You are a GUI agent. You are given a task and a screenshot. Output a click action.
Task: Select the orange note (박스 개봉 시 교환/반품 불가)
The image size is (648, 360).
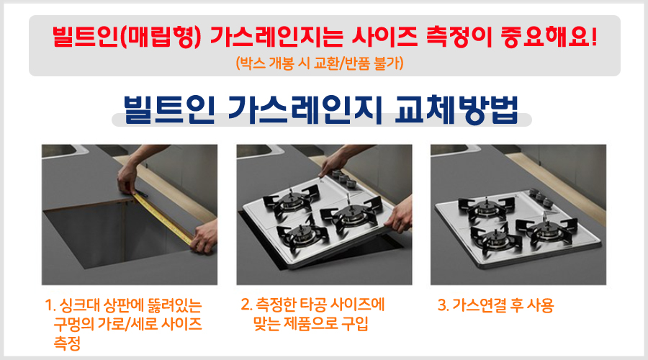point(324,63)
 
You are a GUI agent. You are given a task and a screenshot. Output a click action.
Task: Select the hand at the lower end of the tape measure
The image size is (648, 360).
point(202,234)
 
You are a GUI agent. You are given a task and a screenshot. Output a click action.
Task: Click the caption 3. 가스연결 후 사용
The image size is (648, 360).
point(496,305)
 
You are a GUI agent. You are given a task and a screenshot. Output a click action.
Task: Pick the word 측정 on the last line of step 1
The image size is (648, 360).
point(66,341)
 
